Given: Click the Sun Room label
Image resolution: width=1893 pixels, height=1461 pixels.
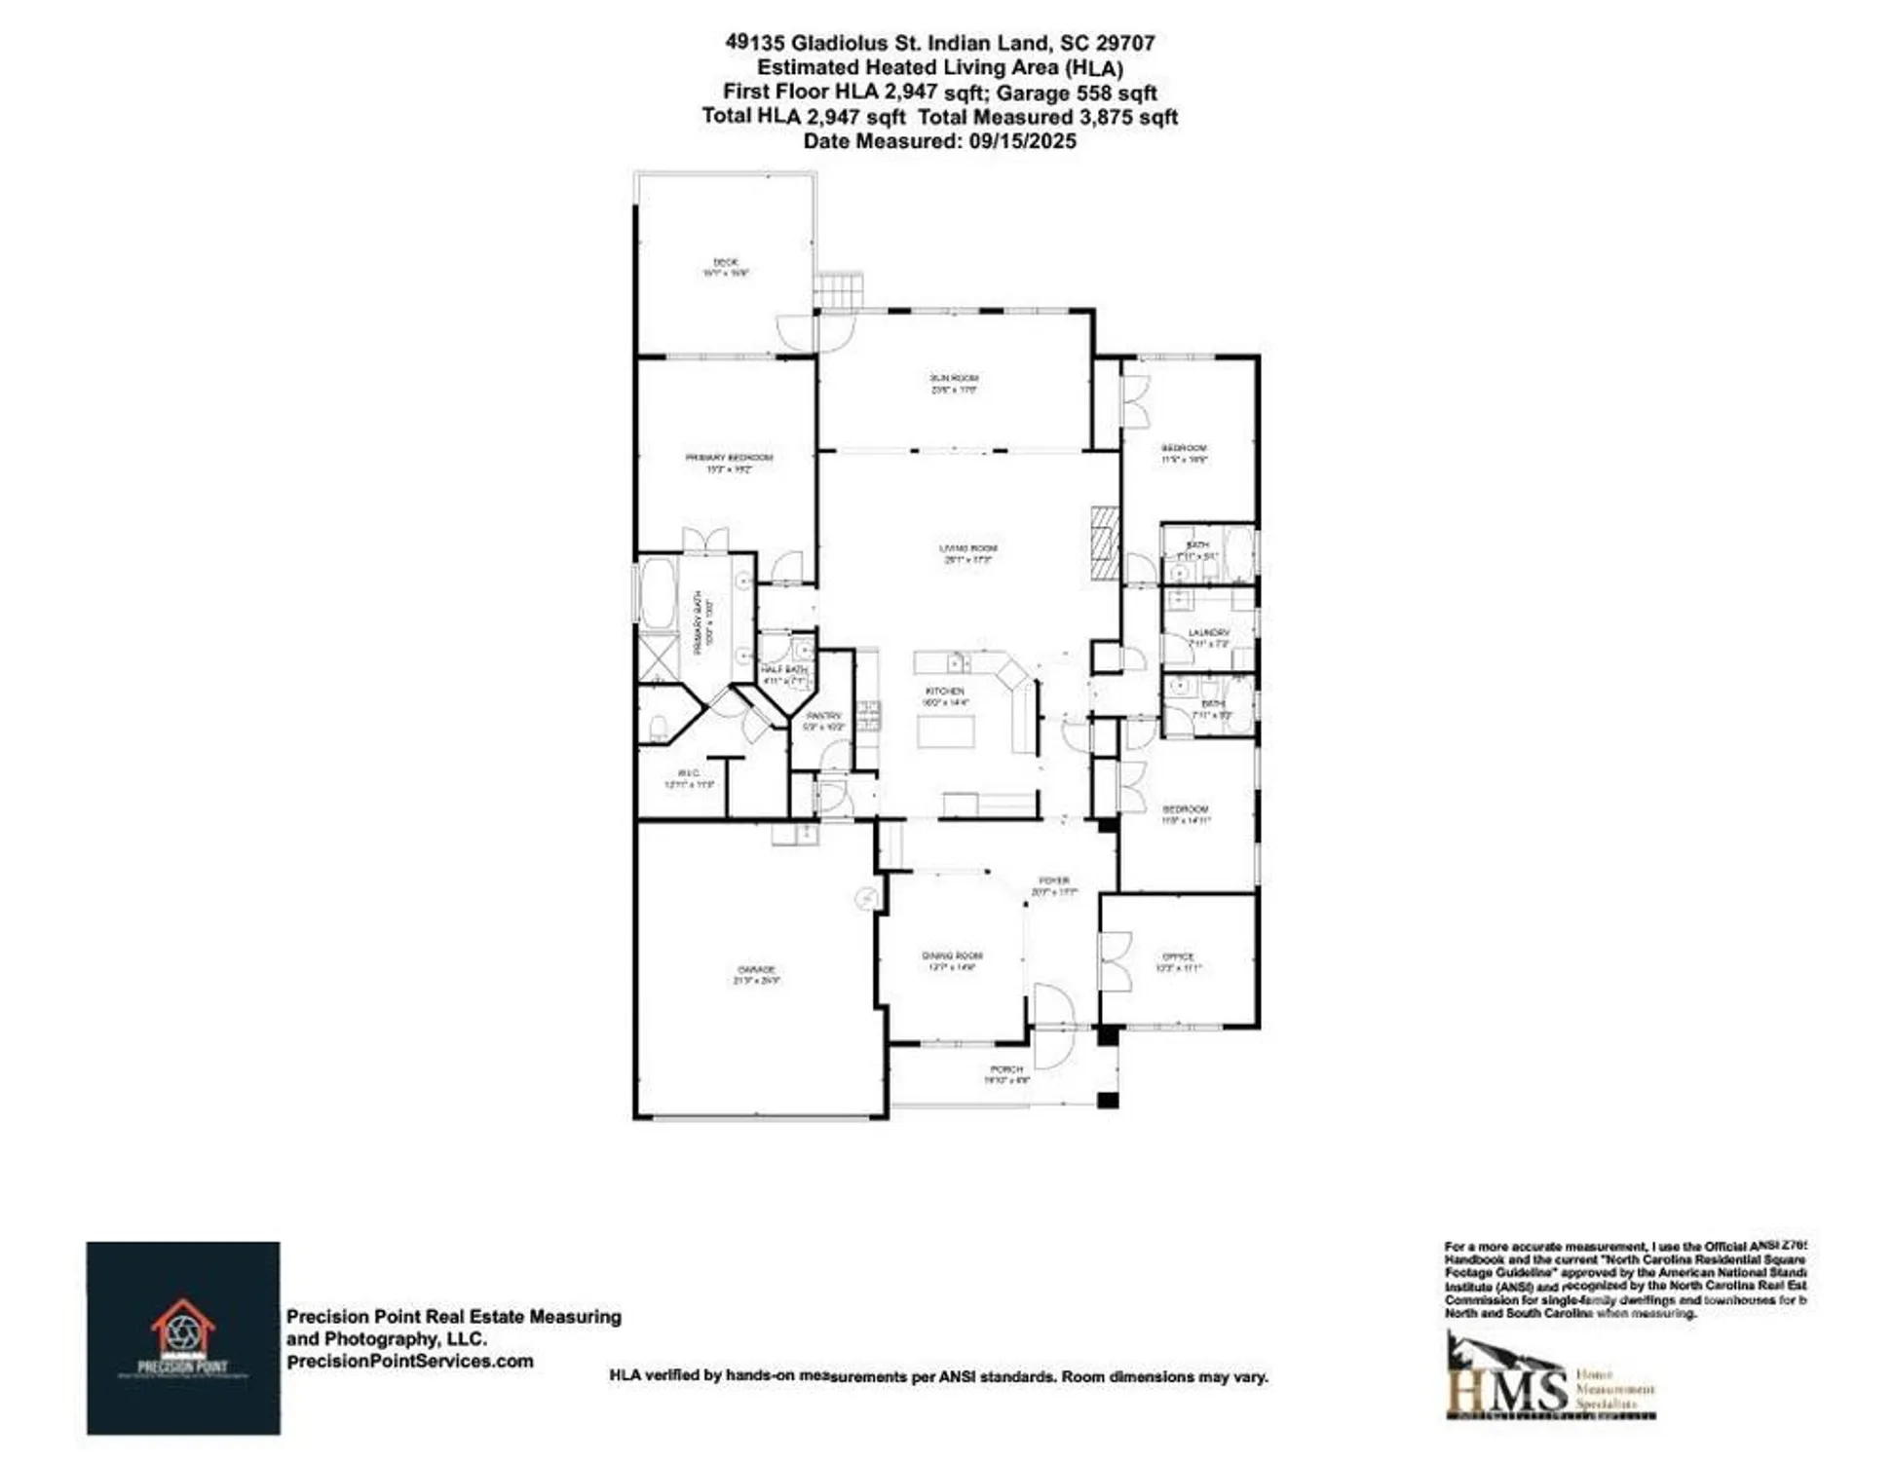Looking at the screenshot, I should tap(953, 378).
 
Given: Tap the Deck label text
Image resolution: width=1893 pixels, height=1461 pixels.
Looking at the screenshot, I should tap(726, 262).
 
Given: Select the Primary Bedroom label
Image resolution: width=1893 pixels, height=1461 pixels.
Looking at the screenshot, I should tap(729, 458).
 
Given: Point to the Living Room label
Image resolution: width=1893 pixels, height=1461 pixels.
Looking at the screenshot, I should tap(967, 549).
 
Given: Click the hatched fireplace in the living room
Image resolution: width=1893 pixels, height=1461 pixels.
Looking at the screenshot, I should tap(1105, 543).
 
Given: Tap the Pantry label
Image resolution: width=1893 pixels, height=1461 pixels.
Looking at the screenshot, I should tap(823, 716).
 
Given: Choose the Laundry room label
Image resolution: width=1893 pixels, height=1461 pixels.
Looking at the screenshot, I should tap(1208, 633).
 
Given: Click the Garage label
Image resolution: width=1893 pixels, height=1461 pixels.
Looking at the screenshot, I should tap(756, 970).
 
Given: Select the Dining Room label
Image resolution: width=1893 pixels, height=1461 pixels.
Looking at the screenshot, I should tap(952, 956).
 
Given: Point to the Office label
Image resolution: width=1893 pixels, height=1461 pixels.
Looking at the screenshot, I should tap(1178, 957).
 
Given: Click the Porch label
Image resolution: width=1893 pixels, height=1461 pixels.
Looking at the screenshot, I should tap(1006, 1069).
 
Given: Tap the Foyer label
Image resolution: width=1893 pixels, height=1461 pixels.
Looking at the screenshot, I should tap(1053, 880).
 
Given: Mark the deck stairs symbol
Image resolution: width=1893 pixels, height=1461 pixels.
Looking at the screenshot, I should tap(839, 290).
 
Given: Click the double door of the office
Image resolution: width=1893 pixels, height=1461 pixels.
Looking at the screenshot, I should tap(1115, 961).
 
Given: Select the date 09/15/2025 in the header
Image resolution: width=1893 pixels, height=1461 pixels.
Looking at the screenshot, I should tap(1022, 141).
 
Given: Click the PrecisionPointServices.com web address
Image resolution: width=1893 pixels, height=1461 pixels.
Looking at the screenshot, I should tap(410, 1362).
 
